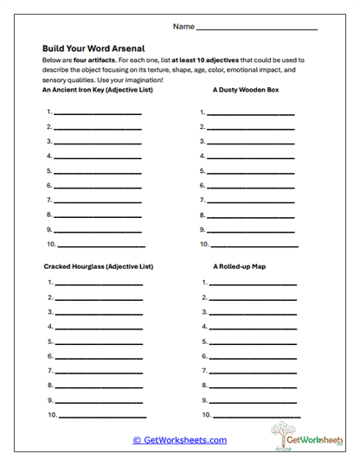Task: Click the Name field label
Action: click(183, 27)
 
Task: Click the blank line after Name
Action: click(257, 29)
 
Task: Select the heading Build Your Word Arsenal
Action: click(93, 48)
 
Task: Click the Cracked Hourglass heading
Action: click(98, 266)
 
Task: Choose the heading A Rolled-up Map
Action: click(239, 266)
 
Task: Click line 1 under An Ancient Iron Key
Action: click(97, 113)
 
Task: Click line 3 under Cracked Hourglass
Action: click(97, 313)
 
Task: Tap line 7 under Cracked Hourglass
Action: click(97, 372)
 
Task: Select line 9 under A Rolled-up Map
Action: click(251, 401)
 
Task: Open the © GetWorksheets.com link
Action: click(179, 440)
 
